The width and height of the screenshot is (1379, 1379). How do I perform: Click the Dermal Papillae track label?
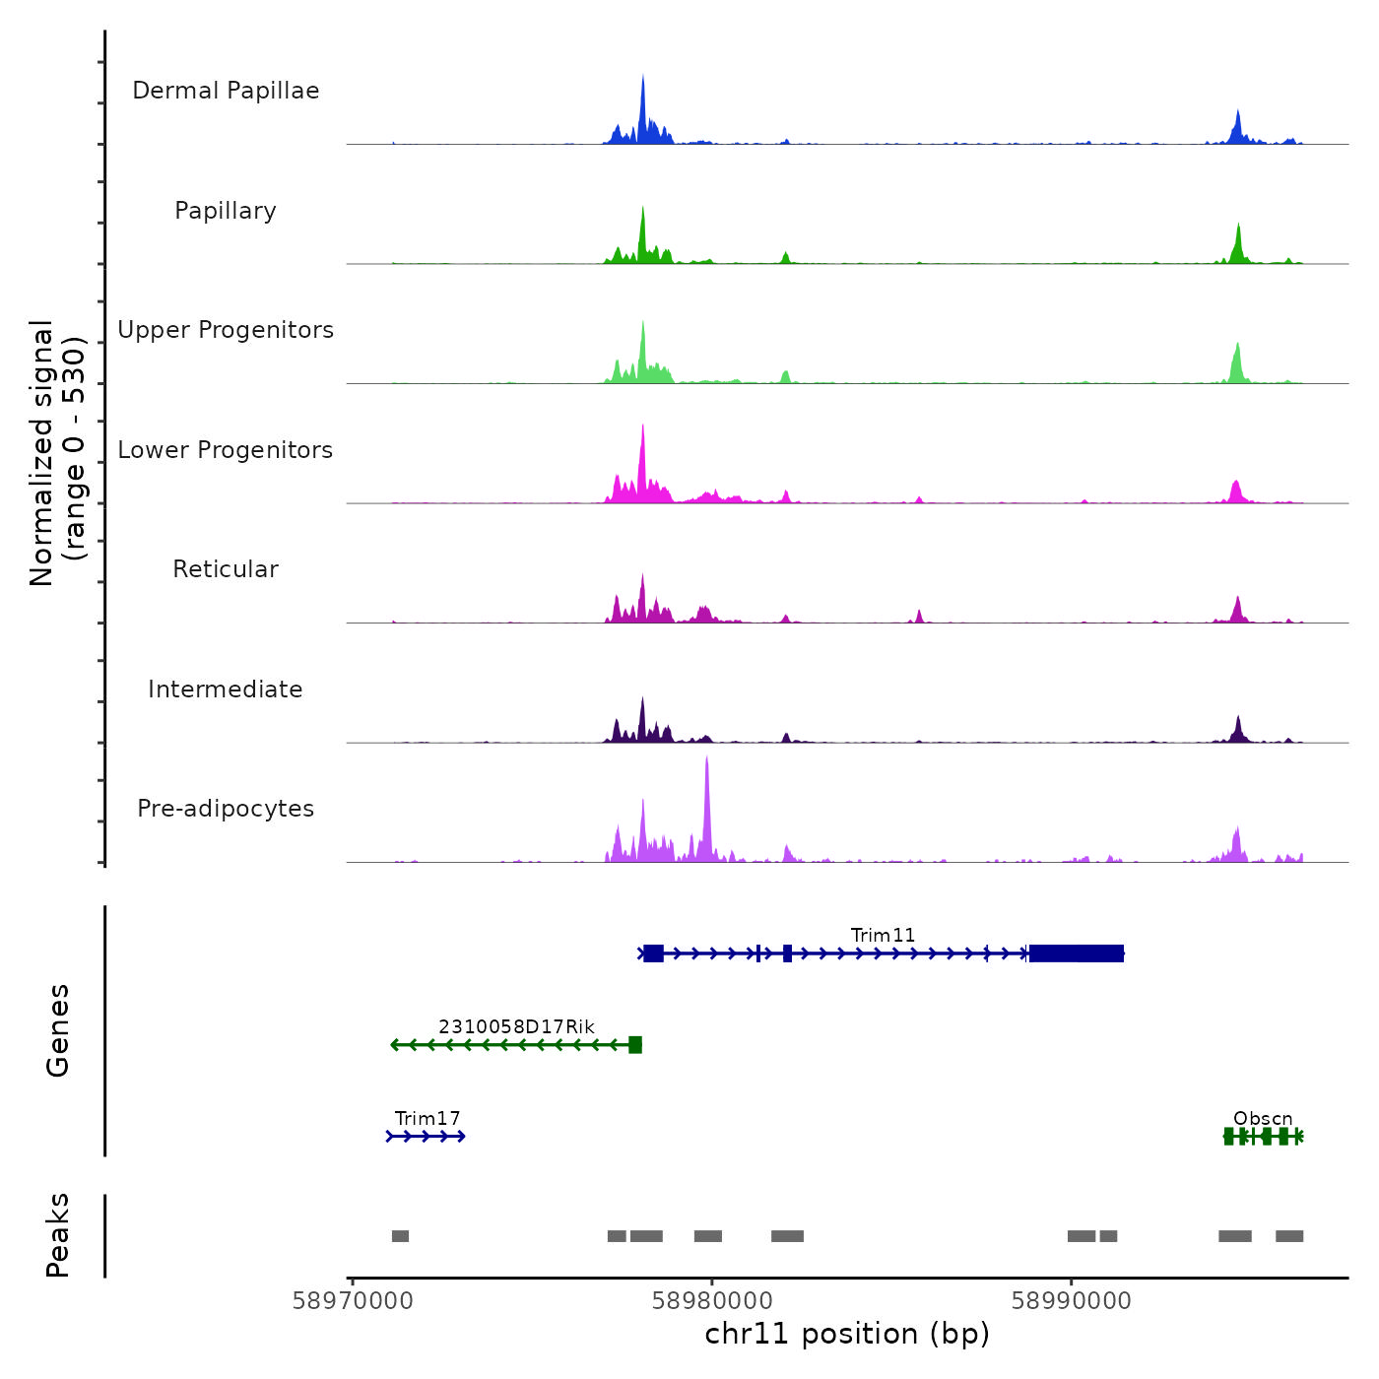226,91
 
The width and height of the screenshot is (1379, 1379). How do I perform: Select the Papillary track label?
226,211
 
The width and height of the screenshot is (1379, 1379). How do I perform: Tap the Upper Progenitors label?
226,330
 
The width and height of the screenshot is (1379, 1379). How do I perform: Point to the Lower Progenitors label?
226,450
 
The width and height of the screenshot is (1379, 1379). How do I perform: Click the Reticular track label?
226,569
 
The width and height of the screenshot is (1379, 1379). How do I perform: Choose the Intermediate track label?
226,689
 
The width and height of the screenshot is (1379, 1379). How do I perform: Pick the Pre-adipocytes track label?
226,809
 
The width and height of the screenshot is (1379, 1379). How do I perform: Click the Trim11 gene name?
883,935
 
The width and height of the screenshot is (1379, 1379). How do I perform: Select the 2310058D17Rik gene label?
516,1026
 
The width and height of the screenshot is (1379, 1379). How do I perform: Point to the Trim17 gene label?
427,1118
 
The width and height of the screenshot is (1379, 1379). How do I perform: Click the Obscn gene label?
1263,1118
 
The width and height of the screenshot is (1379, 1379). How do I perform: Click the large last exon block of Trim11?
1076,953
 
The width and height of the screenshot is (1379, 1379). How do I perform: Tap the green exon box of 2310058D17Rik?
635,1045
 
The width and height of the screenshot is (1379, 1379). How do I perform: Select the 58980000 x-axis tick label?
712,1300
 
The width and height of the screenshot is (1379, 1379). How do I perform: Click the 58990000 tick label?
1072,1300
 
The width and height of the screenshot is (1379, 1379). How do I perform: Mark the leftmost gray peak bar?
400,1236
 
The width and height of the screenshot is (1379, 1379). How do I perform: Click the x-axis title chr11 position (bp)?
847,1334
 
